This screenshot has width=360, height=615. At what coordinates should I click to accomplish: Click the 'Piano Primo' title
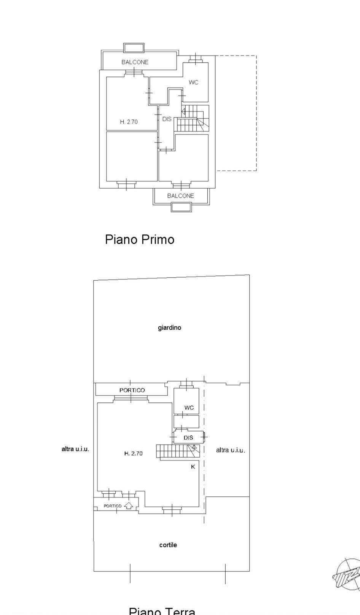tap(140, 239)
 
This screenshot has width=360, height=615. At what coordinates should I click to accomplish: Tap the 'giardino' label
tap(169, 327)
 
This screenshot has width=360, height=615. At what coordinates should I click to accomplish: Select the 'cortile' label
tap(168, 545)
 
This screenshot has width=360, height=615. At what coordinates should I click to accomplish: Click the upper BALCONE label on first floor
tap(135, 62)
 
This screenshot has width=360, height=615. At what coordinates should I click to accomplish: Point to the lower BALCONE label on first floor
tap(180, 196)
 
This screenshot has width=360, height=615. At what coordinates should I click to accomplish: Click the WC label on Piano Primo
tap(193, 82)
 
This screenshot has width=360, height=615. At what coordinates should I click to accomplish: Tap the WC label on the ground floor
tap(189, 407)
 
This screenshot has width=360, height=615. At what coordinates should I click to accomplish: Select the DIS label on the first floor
tap(167, 119)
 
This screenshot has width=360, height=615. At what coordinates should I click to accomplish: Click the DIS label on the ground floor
tap(188, 438)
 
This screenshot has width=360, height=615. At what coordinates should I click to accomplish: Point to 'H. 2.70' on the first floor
tap(129, 122)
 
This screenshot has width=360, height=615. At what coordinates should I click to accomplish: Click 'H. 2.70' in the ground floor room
tap(133, 453)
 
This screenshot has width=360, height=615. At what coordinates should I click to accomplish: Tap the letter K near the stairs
tap(193, 466)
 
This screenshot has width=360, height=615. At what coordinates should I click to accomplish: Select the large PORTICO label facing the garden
tap(132, 390)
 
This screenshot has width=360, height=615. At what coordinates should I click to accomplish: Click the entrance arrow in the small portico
tap(129, 505)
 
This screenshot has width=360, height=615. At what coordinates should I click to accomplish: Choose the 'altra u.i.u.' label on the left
tap(75, 449)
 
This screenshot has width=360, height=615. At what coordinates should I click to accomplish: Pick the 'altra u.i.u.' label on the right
tap(230, 450)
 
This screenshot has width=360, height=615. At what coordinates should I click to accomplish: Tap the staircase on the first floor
tap(192, 118)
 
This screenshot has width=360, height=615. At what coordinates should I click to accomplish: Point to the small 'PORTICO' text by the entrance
tap(113, 506)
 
